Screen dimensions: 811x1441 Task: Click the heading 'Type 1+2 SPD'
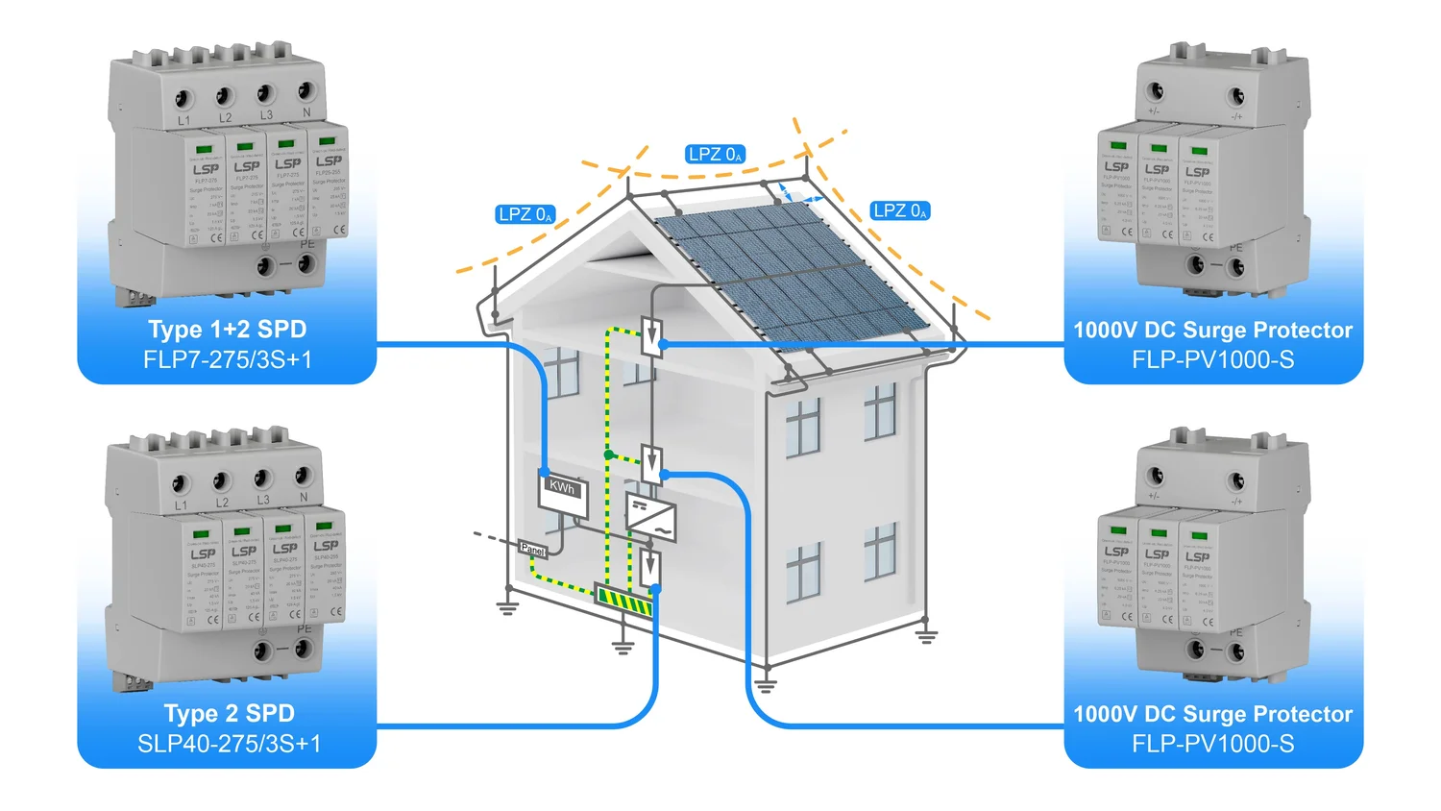pyautogui.click(x=227, y=330)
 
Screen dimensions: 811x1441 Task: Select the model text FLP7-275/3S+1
pyautogui.click(x=227, y=360)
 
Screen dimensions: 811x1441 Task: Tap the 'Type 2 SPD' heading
pyautogui.click(x=229, y=713)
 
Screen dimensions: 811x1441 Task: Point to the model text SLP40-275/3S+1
pyautogui.click(x=229, y=744)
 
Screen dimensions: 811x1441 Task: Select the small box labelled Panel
pyautogui.click(x=532, y=550)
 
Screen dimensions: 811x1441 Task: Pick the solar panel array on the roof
pyautogui.click(x=788, y=274)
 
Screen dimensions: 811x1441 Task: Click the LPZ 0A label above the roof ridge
pyautogui.click(x=715, y=154)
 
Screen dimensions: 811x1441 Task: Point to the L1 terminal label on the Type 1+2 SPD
pyautogui.click(x=183, y=121)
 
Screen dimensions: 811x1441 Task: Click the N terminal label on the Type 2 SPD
pyautogui.click(x=304, y=497)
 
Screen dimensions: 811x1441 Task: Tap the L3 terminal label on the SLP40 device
pyautogui.click(x=263, y=500)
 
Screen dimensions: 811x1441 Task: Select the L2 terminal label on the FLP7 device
pyautogui.click(x=225, y=118)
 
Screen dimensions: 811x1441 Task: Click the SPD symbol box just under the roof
pyautogui.click(x=652, y=335)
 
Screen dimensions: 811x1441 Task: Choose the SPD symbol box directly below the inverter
pyautogui.click(x=650, y=566)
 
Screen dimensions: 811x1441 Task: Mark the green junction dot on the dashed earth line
pyautogui.click(x=608, y=454)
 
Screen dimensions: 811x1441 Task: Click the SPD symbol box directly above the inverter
pyautogui.click(x=652, y=464)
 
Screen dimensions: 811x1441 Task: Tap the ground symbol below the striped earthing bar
pyautogui.click(x=623, y=646)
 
